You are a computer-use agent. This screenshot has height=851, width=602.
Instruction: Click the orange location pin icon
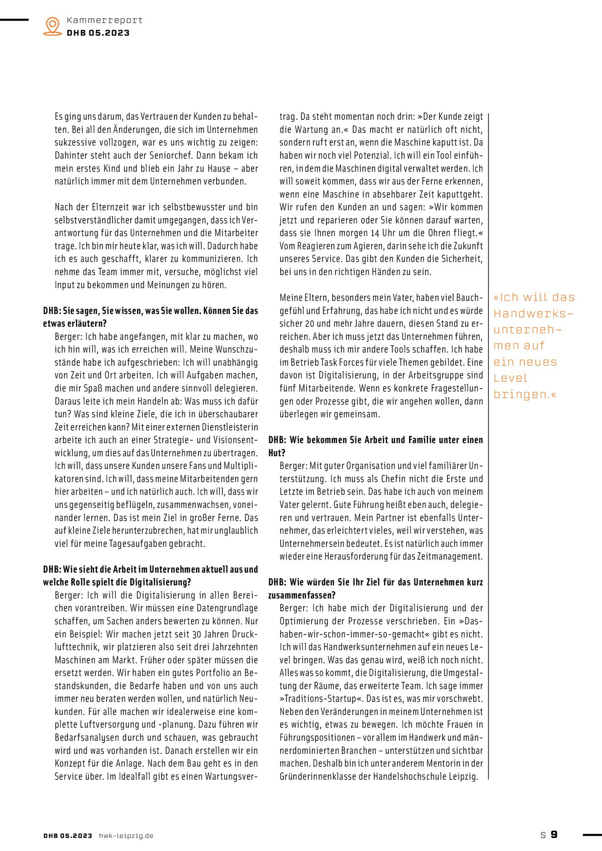coord(53,26)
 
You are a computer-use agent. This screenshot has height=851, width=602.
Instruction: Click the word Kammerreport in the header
coord(104,20)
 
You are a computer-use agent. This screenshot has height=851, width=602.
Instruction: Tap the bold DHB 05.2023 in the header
coord(98,33)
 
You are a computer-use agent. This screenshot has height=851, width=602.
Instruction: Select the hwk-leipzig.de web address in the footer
coord(126,836)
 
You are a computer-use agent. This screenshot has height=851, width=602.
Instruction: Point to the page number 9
coord(554,834)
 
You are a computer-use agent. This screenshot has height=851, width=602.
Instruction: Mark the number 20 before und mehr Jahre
coord(309,324)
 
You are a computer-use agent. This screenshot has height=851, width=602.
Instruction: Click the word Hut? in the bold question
coord(276,453)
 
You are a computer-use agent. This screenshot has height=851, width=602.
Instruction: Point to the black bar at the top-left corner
coord(14,20)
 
